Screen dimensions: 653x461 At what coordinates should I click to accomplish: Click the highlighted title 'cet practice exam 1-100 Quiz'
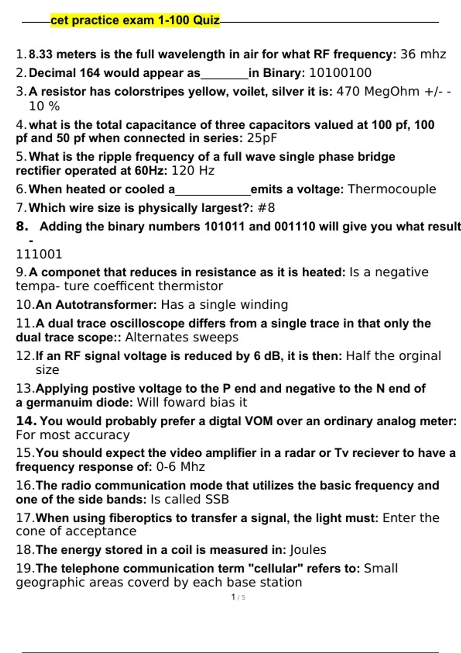coord(135,20)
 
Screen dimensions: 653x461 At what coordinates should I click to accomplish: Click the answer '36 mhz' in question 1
coord(423,54)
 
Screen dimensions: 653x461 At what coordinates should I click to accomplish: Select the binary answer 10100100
coord(340,73)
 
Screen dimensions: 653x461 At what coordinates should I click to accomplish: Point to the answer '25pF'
coord(262,138)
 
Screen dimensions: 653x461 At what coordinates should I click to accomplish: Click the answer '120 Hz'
coord(192,170)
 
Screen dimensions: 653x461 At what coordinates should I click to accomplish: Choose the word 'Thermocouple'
coord(391,189)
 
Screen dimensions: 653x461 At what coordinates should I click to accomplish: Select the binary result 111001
coord(39,254)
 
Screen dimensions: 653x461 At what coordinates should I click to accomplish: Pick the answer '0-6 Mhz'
coord(180,467)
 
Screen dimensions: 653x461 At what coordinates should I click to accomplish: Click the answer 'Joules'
coord(308,550)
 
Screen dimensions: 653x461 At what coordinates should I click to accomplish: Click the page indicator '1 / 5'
coord(238,597)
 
